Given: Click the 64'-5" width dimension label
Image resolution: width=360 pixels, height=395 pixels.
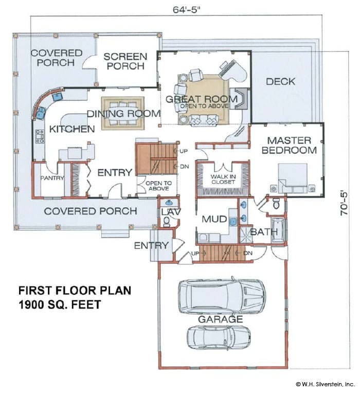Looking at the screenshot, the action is point(187,10).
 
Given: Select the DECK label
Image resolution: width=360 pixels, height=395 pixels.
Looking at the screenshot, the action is point(280,81).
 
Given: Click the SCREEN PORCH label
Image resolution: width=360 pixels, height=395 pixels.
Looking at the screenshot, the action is point(125,61).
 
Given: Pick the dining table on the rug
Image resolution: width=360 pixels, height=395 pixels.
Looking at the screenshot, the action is point(123,113).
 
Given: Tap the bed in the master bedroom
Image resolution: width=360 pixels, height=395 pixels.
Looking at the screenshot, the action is point(292,178).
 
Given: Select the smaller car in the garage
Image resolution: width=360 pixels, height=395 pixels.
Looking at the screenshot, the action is point(219,337).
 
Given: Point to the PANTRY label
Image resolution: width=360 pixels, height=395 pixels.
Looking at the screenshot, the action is point(52,178).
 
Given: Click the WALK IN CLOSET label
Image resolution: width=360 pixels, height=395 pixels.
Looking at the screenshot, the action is point(223,179).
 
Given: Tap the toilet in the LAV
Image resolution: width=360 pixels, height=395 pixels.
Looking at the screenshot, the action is point(167,222).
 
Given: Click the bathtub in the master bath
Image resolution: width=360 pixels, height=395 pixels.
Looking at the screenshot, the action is point(278,230).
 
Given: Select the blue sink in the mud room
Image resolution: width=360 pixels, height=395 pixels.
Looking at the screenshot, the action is point(233,222).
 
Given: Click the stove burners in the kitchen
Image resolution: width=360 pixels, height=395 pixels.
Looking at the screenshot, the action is point(40,136).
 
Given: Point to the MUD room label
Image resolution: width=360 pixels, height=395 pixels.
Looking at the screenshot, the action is point(214,219).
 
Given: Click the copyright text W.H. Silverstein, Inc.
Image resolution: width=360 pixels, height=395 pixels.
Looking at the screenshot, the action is point(325,384).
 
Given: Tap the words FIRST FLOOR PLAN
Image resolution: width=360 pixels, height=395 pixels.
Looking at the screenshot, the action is point(75,291).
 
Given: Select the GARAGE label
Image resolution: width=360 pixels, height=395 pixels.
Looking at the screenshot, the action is point(221,319).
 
